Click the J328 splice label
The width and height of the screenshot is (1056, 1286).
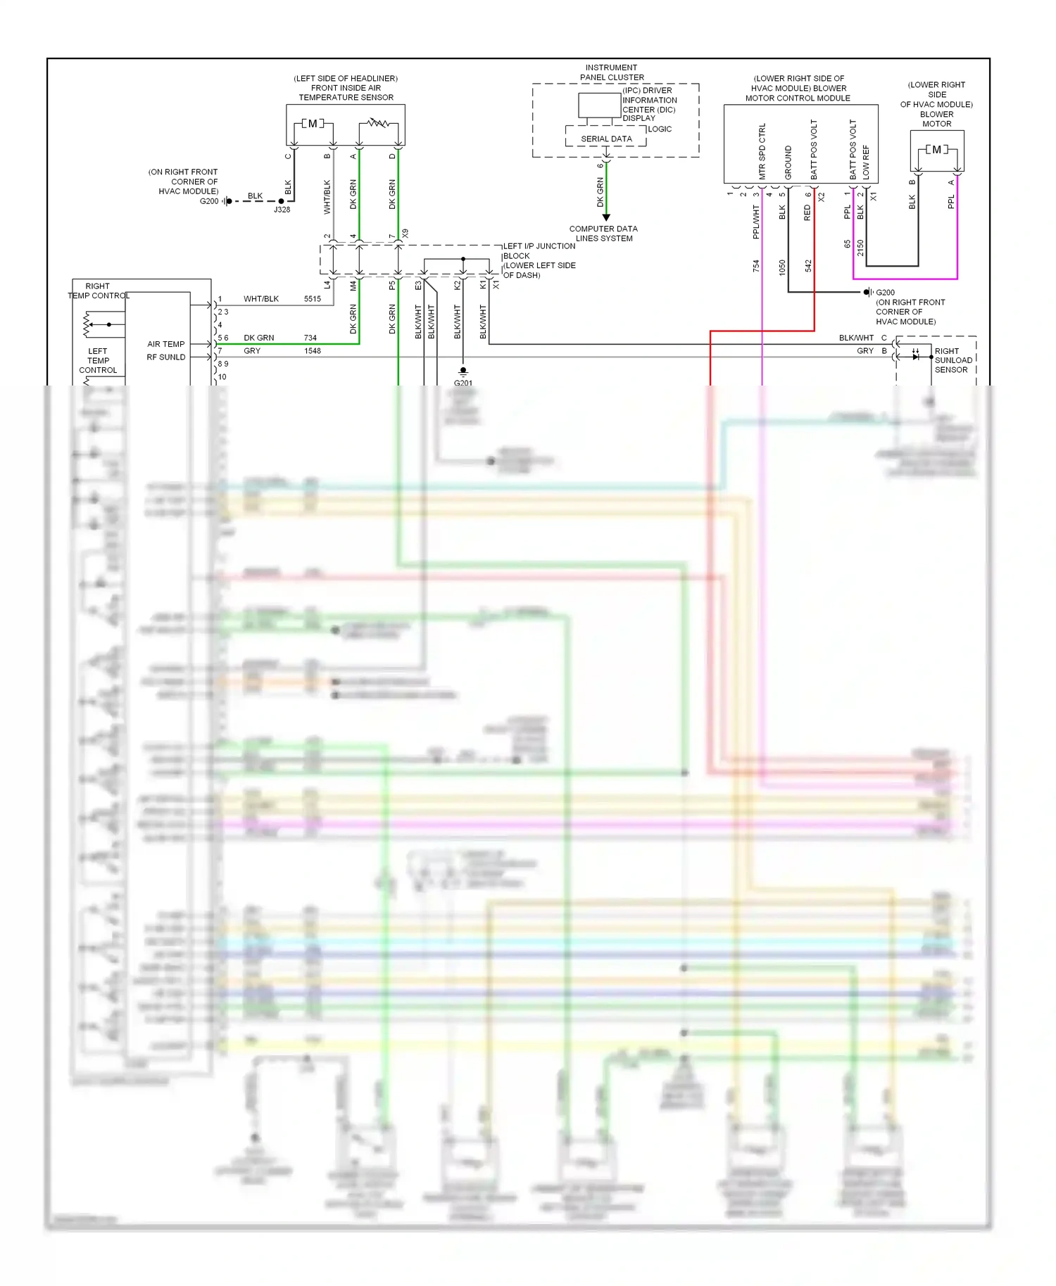pos(282,210)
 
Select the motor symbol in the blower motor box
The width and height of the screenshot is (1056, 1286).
pos(936,150)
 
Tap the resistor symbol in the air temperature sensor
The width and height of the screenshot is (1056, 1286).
pos(379,123)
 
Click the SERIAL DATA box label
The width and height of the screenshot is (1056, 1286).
pos(606,139)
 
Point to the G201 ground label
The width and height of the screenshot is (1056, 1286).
pos(463,383)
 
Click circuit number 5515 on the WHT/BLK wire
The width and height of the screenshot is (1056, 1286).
pos(313,299)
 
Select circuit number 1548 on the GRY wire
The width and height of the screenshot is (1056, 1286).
pos(313,351)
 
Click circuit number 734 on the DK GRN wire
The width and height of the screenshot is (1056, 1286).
pos(310,338)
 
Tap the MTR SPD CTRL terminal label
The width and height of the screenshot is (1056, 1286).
pos(762,151)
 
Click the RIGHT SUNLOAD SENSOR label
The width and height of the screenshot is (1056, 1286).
pos(953,360)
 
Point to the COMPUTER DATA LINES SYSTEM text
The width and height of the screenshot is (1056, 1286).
pos(603,234)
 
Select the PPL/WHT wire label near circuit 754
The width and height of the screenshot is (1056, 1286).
pos(756,222)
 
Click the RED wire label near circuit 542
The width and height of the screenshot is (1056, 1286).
pos(807,212)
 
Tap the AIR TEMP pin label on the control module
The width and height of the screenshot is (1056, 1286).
pos(166,344)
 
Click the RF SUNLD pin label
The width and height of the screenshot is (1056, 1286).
pos(166,357)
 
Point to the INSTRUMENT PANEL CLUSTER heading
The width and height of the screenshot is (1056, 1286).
pos(611,72)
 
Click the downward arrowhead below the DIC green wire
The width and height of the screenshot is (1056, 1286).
pos(606,217)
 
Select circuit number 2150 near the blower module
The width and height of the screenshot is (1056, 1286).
pos(860,248)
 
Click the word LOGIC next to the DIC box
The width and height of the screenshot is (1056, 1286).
pos(660,129)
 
